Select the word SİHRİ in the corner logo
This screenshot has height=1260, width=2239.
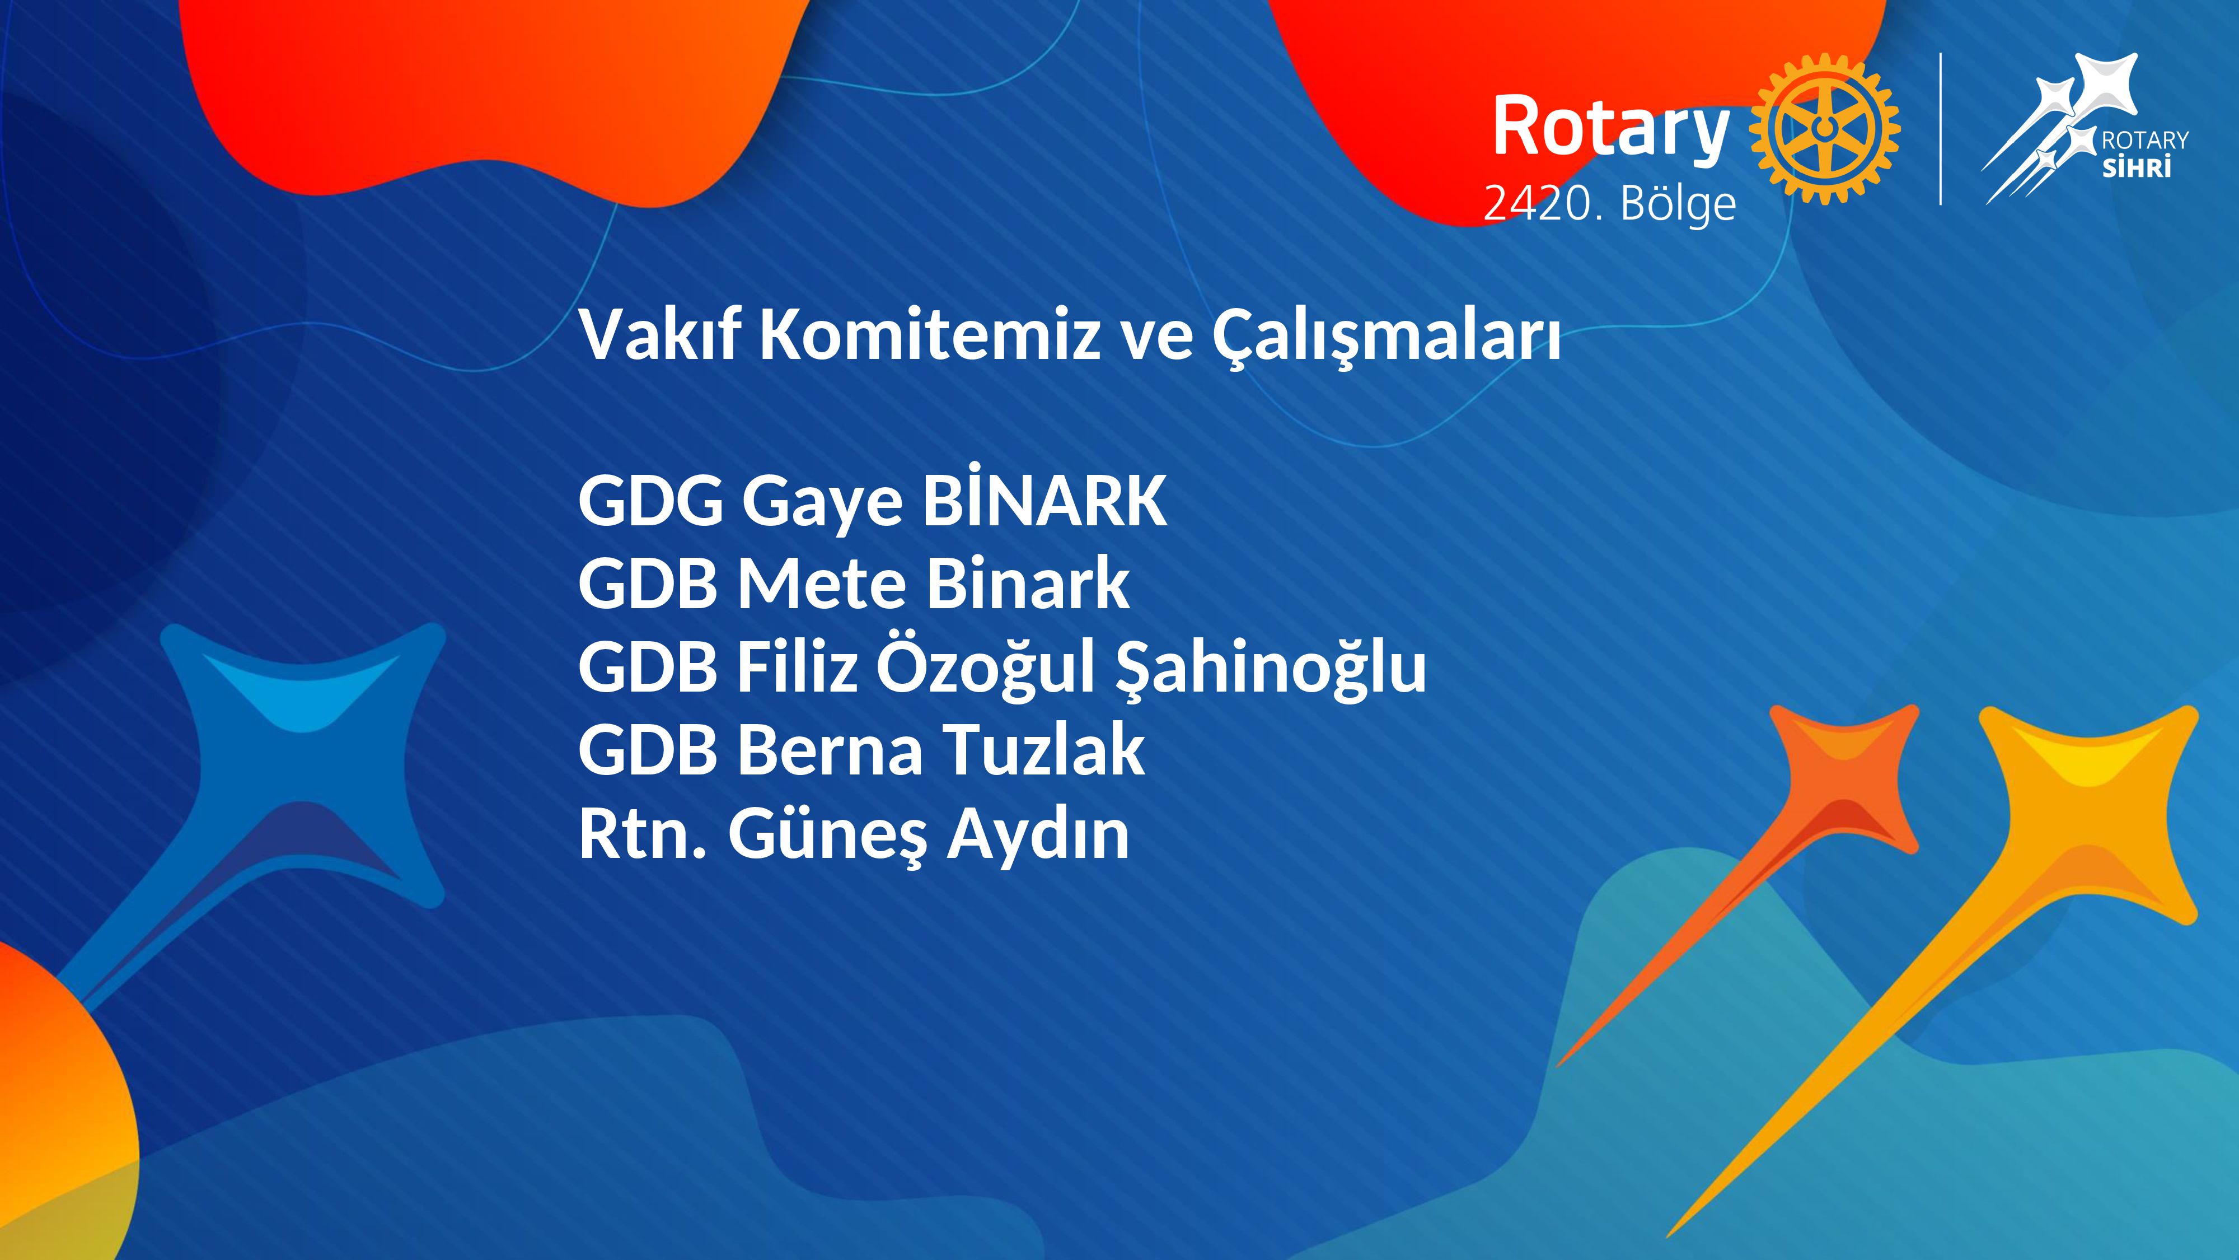2135,165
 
